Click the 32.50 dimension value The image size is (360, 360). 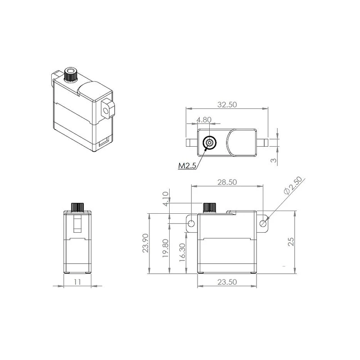[x=227, y=104]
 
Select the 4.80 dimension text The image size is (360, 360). [x=204, y=120]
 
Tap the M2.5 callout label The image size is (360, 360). [x=187, y=165]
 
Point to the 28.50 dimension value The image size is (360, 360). [x=227, y=182]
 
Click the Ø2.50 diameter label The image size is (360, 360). [x=293, y=186]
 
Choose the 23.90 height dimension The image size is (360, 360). [x=145, y=243]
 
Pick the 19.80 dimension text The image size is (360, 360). [x=165, y=248]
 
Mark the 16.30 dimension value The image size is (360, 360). [x=182, y=252]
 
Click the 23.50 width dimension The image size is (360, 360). [x=227, y=282]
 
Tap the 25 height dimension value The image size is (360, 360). [x=291, y=242]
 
